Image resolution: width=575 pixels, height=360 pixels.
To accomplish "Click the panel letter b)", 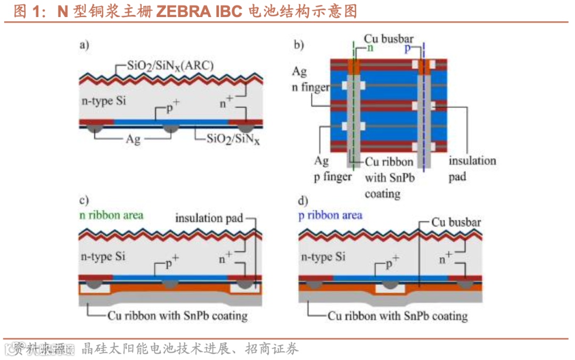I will click(299, 45).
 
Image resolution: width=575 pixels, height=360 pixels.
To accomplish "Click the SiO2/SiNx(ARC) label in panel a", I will click(171, 67).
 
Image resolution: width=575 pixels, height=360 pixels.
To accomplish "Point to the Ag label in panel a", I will click(133, 139).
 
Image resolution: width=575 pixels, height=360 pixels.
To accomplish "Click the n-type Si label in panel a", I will click(103, 101).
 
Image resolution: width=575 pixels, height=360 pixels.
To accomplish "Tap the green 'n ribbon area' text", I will click(111, 215).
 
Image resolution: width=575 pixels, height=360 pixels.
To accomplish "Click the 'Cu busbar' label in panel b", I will click(389, 39).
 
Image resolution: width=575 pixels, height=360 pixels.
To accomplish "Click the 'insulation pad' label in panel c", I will click(209, 218).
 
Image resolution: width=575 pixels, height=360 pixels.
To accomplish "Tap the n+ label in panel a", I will click(226, 102).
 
